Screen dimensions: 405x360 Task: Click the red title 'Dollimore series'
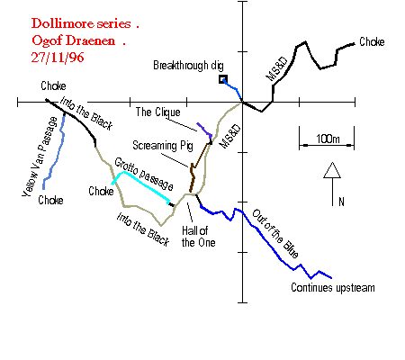[x=81, y=23]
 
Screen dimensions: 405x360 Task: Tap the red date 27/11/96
[x=58, y=58]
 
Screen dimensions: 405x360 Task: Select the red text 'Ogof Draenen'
[x=73, y=40]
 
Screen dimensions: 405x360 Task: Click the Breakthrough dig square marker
[x=223, y=79]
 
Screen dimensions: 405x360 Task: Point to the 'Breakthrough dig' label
[x=188, y=65]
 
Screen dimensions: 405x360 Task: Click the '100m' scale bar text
[x=328, y=139]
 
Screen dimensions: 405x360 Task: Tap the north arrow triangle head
[x=332, y=170]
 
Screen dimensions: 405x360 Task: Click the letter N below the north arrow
[x=341, y=202]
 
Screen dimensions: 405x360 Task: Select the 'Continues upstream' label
[x=333, y=288]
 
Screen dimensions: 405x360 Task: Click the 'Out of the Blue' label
[x=275, y=234]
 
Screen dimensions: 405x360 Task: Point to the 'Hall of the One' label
[x=198, y=237]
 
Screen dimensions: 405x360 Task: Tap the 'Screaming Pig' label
[x=163, y=146]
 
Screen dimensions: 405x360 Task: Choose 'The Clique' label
[x=157, y=112]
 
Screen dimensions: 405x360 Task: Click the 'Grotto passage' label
[x=144, y=174]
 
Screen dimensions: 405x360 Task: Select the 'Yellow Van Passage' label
[x=40, y=157]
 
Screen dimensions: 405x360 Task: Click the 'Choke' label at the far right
[x=372, y=41]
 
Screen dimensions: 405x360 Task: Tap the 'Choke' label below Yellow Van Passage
[x=50, y=200]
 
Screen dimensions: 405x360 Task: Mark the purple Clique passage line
[x=205, y=130]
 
